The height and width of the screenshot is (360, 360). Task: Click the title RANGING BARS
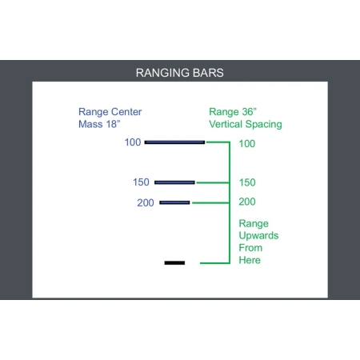tap(180, 73)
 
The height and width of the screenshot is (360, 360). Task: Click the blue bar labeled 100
tap(174, 142)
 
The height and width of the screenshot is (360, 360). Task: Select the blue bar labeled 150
tap(174, 182)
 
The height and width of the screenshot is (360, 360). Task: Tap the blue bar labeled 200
tap(174, 202)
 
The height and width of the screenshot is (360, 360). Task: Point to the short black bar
tap(174, 263)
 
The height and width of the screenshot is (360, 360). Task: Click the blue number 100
tap(133, 142)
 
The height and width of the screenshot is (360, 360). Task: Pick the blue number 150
tap(141, 182)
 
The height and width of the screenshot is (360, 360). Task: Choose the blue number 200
tap(146, 203)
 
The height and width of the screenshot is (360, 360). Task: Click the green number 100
tap(247, 144)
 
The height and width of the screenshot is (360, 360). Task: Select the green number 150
tap(247, 182)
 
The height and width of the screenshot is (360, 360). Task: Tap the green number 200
tap(247, 202)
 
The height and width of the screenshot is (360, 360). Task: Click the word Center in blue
tap(126, 112)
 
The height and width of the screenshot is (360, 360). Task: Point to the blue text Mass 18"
tap(99, 124)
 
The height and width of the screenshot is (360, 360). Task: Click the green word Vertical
tap(226, 124)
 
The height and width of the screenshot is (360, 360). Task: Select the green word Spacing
tap(263, 125)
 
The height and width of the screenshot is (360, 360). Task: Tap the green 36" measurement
tap(250, 112)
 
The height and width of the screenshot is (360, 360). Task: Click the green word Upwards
tap(258, 236)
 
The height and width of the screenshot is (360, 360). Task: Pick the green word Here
tap(250, 260)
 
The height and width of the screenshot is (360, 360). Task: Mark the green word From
tap(250, 248)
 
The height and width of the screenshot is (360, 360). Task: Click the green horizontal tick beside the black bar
tap(214, 263)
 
